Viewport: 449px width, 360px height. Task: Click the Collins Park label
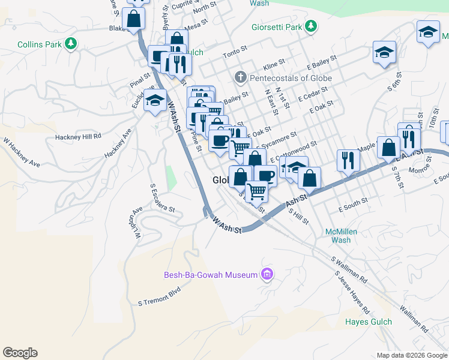click(x=40, y=44)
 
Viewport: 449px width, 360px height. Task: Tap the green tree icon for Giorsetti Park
click(x=310, y=26)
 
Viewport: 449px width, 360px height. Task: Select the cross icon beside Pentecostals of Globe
click(x=240, y=78)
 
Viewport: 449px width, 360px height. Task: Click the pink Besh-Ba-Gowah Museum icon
click(x=267, y=275)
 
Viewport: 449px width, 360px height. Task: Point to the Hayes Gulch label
click(x=368, y=322)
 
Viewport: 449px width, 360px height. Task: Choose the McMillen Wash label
click(x=341, y=235)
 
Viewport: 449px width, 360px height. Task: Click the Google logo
click(x=20, y=353)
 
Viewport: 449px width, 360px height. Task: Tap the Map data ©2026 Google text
click(x=411, y=355)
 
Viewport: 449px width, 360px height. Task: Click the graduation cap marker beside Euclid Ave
click(x=155, y=100)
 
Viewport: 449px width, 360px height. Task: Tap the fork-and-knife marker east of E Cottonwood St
click(x=348, y=160)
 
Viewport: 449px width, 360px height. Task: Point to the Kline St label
click(x=273, y=63)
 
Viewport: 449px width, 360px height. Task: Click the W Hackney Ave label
click(x=21, y=153)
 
